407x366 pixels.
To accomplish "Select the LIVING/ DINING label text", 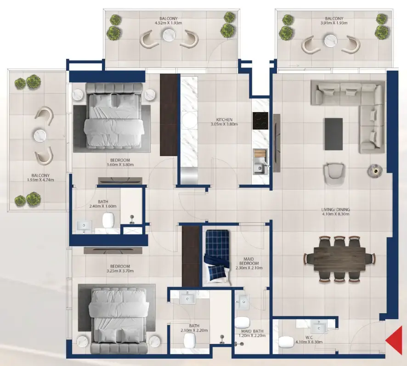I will click(336, 210).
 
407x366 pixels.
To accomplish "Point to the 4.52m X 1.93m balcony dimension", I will click(169, 23).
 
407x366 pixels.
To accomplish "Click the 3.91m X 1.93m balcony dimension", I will click(334, 23).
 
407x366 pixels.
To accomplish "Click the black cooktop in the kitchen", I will click(260, 120).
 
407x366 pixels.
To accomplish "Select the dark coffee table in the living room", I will click(334, 134).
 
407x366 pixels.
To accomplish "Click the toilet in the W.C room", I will click(285, 342).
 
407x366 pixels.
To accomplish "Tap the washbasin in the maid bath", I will click(243, 301).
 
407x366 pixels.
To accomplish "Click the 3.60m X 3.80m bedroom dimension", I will click(116, 168).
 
